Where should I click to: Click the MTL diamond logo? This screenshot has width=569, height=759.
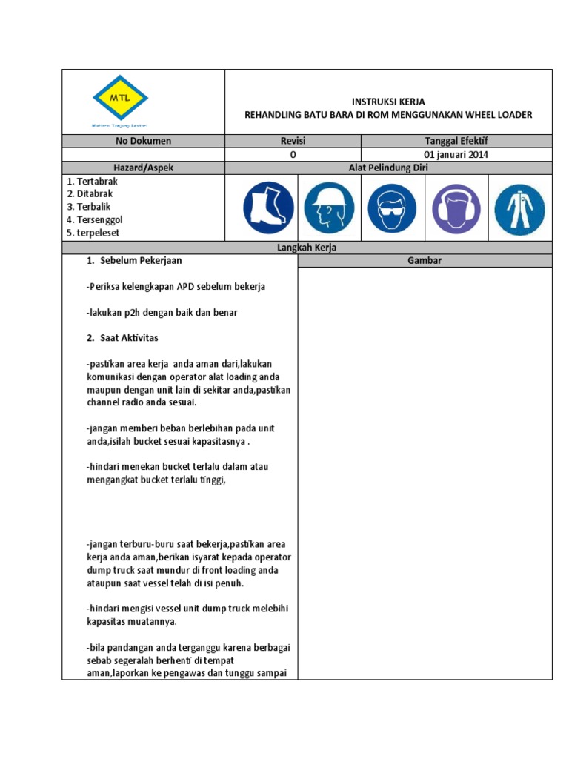[120, 97]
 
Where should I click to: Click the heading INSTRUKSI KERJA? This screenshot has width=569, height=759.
[388, 102]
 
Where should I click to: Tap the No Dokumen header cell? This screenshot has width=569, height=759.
[143, 141]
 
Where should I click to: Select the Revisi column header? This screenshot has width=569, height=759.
[293, 141]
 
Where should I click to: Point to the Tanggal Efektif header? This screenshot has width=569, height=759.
[456, 141]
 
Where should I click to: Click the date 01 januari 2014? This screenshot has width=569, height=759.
[456, 155]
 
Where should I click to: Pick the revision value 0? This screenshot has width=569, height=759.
[293, 155]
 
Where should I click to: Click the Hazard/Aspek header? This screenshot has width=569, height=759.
[143, 168]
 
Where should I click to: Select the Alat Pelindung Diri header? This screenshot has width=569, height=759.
[388, 168]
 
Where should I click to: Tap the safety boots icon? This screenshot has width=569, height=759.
[267, 207]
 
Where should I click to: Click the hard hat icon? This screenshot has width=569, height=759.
[328, 207]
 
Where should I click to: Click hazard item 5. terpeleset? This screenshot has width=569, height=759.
[93, 233]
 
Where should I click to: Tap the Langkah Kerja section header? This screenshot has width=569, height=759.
[307, 248]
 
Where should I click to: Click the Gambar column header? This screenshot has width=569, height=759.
[425, 261]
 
